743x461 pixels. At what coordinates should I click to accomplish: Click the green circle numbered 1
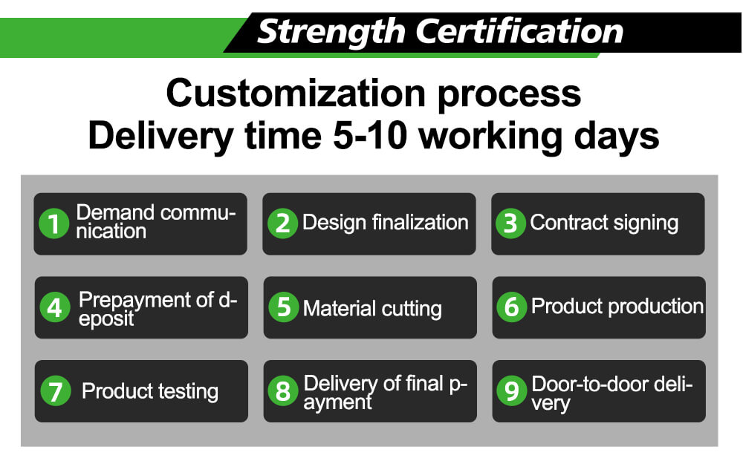pyautogui.click(x=54, y=223)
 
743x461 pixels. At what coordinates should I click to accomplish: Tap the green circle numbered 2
pyautogui.click(x=282, y=223)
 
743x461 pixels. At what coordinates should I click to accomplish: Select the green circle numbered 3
pyautogui.click(x=511, y=223)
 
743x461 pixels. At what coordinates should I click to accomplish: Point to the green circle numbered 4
pyautogui.click(x=55, y=307)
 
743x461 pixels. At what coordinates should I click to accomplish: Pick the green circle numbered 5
pyautogui.click(x=283, y=307)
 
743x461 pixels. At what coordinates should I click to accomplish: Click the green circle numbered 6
pyautogui.click(x=512, y=307)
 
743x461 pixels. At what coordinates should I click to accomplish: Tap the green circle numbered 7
pyautogui.click(x=56, y=391)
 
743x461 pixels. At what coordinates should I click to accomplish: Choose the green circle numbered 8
pyautogui.click(x=283, y=391)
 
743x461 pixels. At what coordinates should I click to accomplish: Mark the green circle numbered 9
pyautogui.click(x=512, y=391)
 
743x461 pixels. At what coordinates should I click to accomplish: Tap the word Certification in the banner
pyautogui.click(x=519, y=32)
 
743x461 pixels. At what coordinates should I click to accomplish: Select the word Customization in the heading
pyautogui.click(x=296, y=94)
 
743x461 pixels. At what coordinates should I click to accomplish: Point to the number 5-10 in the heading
pyautogui.click(x=370, y=136)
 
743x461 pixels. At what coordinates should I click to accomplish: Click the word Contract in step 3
pyautogui.click(x=566, y=222)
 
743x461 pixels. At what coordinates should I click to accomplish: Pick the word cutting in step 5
pyautogui.click(x=412, y=310)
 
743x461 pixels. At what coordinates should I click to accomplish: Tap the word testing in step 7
pyautogui.click(x=188, y=393)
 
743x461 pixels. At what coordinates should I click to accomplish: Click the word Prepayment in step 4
pyautogui.click(x=134, y=301)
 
